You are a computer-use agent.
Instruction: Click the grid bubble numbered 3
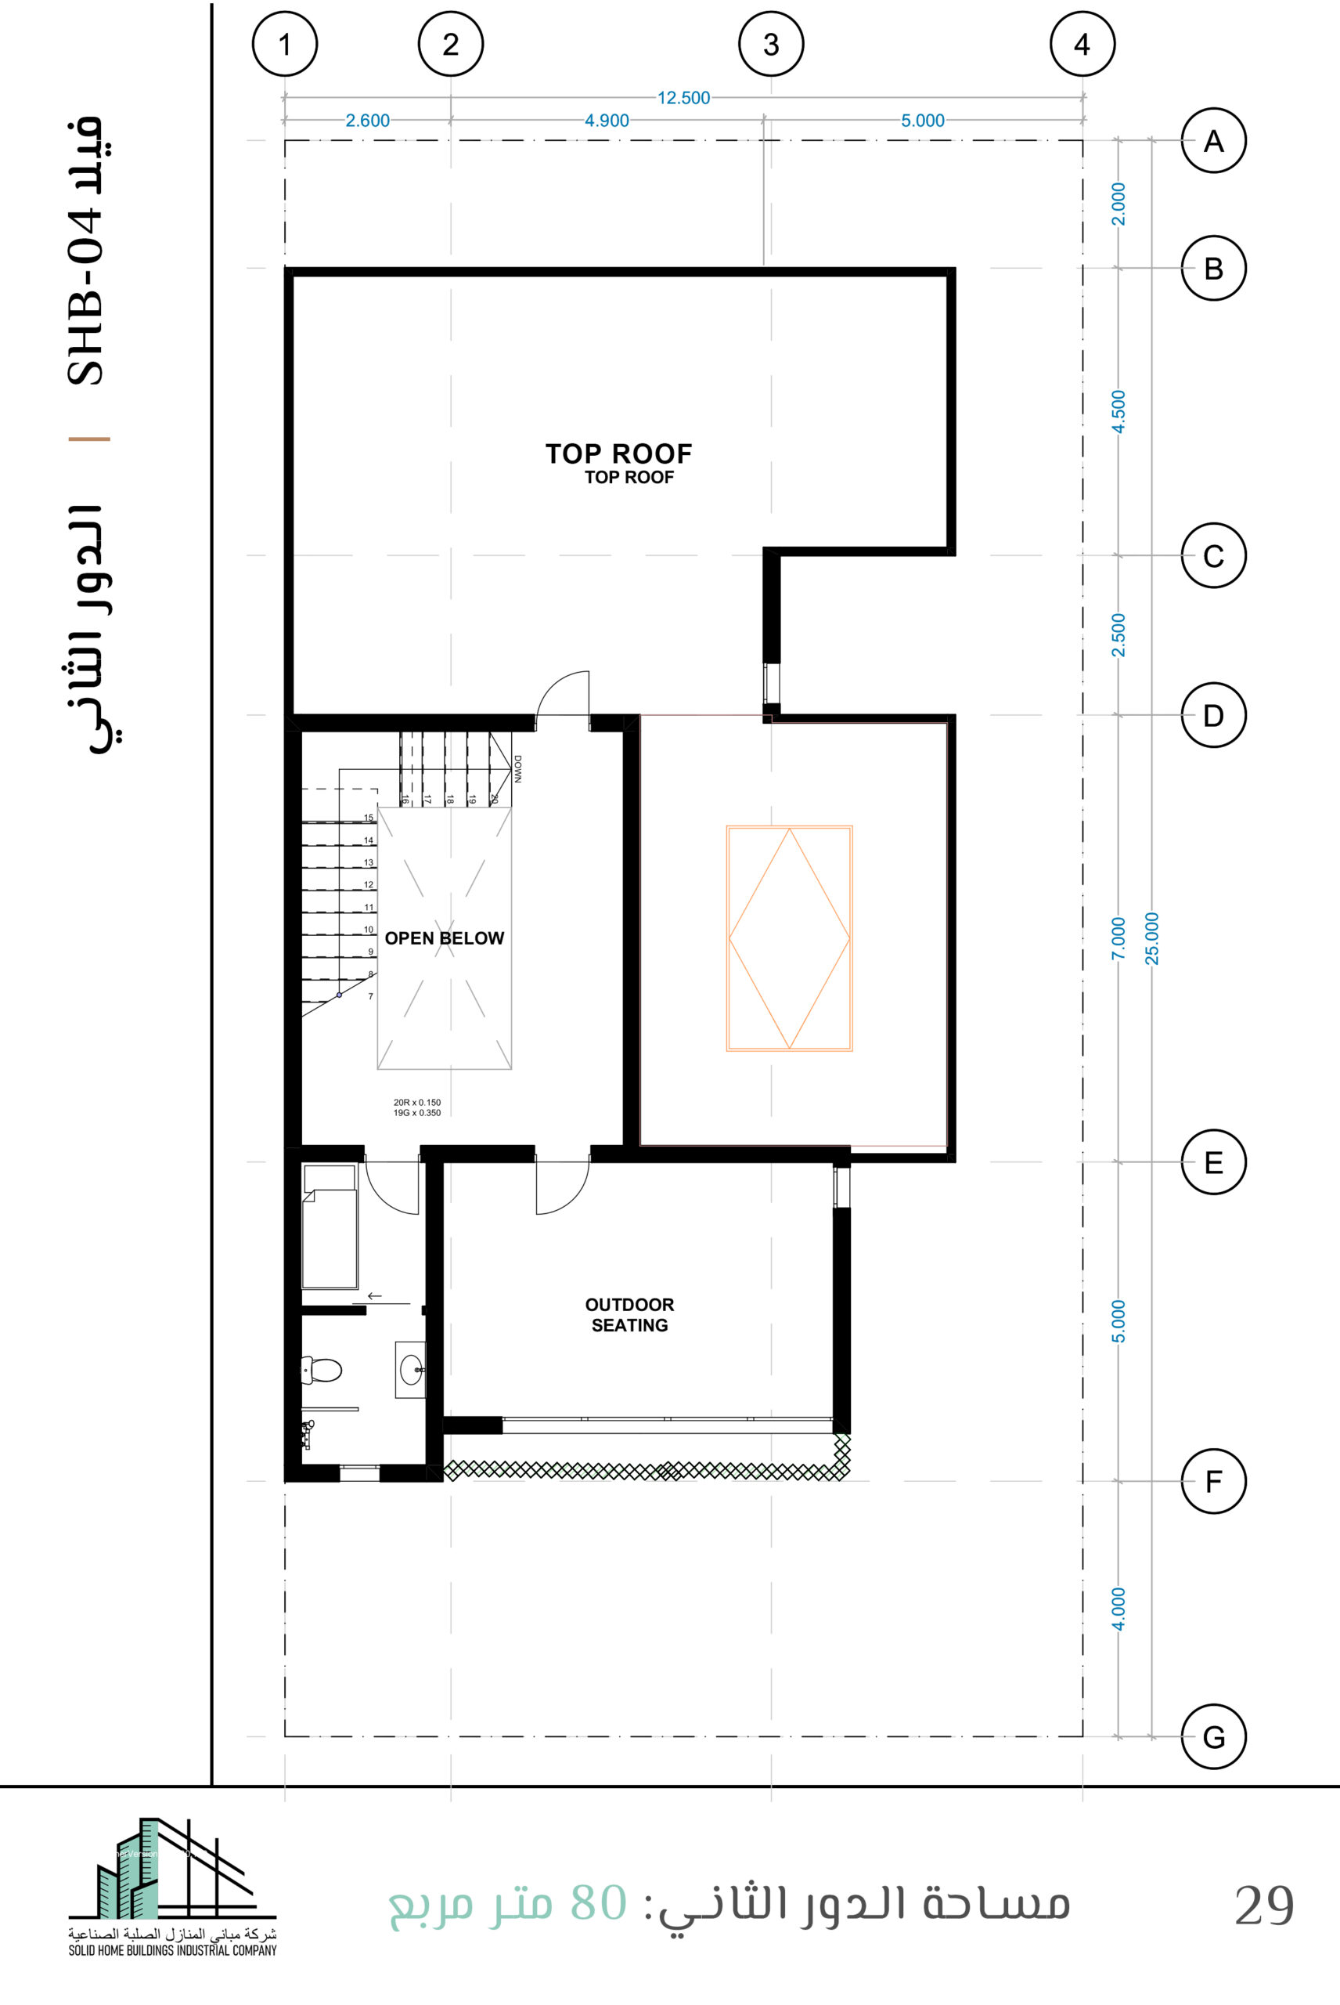click(x=771, y=44)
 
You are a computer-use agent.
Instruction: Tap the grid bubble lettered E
click(x=1213, y=1162)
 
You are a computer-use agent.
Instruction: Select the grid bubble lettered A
click(x=1213, y=140)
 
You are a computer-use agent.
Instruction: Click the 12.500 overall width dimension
click(x=683, y=97)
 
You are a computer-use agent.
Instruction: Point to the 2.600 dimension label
click(x=367, y=121)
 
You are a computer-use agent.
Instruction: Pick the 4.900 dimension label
click(x=607, y=121)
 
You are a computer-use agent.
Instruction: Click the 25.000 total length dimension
click(x=1152, y=939)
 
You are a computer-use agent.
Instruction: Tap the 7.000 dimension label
click(x=1118, y=939)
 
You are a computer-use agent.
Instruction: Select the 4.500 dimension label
click(x=1118, y=412)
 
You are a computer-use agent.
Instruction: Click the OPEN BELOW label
click(x=445, y=938)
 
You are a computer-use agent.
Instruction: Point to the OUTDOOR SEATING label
click(x=630, y=1315)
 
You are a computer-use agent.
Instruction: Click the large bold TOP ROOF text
click(x=618, y=453)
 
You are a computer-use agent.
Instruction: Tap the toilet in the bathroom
click(x=322, y=1370)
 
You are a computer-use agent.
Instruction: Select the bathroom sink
click(x=411, y=1370)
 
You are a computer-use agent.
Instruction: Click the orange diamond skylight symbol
click(x=790, y=938)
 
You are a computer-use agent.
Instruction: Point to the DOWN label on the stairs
click(x=518, y=768)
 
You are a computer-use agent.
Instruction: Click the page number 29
click(x=1264, y=1906)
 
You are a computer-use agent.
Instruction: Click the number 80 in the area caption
click(x=599, y=1903)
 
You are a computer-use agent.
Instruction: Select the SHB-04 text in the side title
click(x=85, y=298)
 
